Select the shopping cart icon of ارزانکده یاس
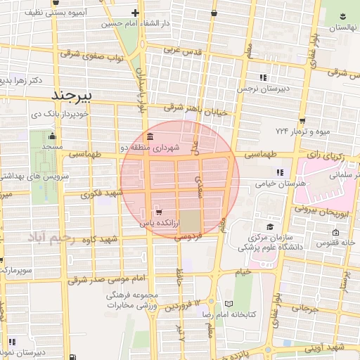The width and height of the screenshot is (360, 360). tap(158, 212)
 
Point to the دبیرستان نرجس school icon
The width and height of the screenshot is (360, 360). tap(263, 77)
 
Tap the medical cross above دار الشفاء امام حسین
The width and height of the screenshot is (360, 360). tap(135, 13)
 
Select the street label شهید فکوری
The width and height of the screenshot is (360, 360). tap(102, 192)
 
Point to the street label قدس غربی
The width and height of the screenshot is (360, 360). tap(183, 51)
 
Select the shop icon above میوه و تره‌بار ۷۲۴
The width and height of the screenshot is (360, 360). tap(302, 121)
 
